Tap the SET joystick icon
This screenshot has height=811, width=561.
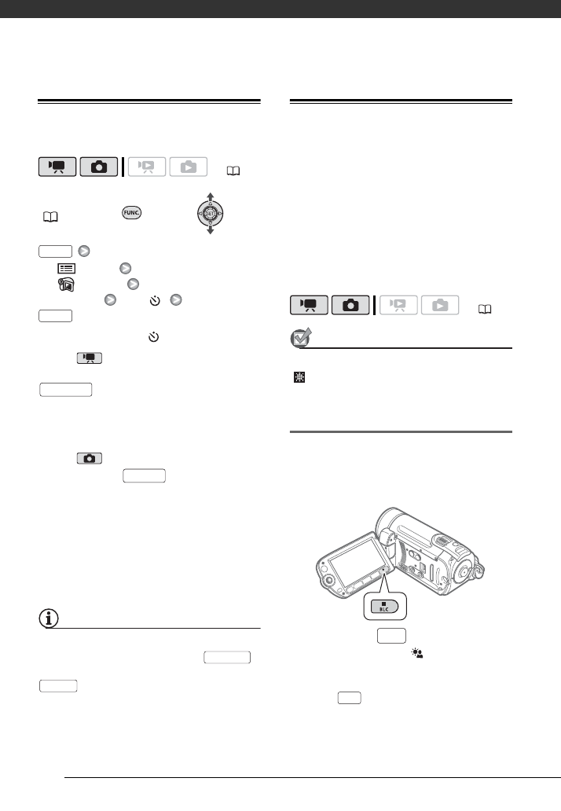(x=210, y=212)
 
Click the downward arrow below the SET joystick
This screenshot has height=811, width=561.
(x=210, y=232)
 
